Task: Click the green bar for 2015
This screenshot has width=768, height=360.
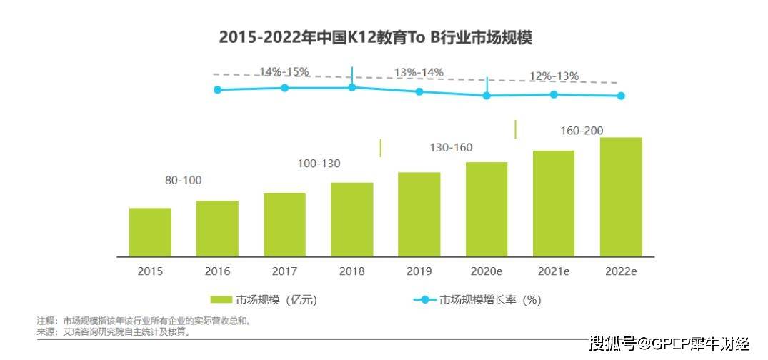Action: (150, 232)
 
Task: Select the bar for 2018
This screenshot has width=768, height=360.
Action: (352, 219)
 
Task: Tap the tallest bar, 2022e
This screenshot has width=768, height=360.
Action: (621, 196)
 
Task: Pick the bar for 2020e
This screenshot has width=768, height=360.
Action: (487, 209)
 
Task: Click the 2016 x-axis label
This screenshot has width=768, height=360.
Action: (217, 271)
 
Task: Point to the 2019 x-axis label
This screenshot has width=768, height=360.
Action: (419, 271)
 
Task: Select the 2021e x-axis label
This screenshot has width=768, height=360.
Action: (554, 271)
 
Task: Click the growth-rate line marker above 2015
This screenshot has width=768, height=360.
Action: (218, 89)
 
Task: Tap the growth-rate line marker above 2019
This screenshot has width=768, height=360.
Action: (419, 91)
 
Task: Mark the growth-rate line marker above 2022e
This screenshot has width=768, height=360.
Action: (621, 96)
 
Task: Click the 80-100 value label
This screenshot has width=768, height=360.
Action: (183, 181)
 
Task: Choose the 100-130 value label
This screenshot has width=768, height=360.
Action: (319, 164)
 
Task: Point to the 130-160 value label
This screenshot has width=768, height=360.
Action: (451, 148)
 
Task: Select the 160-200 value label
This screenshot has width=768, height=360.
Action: (582, 131)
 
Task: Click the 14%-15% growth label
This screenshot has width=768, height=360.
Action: (284, 71)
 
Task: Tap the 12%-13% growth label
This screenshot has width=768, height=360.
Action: (554, 76)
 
